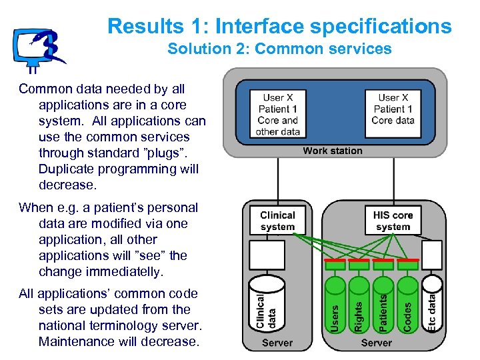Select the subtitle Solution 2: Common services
pos(279,49)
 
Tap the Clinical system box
pos(277,221)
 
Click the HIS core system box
pos(393,221)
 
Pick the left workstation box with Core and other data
pos(277,114)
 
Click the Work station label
pos(332,151)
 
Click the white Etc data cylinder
pos(432,303)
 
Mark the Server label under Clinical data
pos(277,343)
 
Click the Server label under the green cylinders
pos(377,343)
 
